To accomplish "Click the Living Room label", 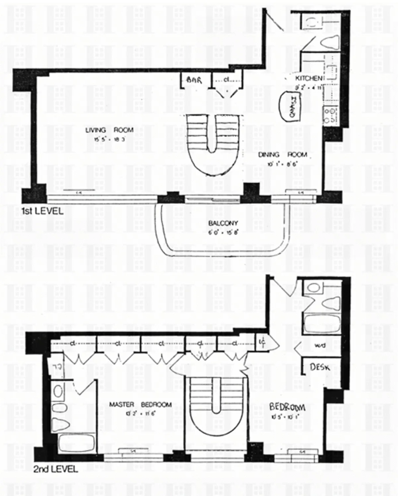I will point(109,130).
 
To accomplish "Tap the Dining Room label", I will point(283,155).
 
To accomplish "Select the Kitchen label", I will point(308,79).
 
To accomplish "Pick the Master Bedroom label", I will point(140,405).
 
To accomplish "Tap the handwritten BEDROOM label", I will point(287,406).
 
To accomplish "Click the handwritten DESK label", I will point(320,367).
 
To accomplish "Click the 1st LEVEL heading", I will point(42,211).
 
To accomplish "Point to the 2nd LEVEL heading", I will point(55,469).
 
